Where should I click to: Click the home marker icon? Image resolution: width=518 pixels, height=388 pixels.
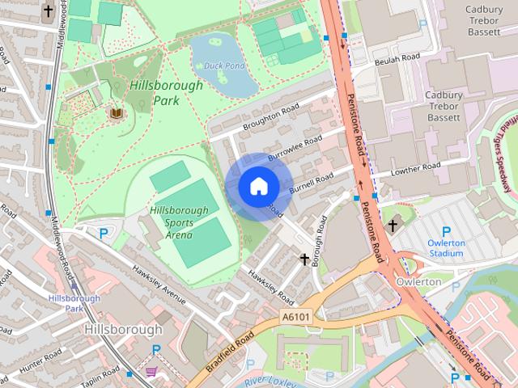258,187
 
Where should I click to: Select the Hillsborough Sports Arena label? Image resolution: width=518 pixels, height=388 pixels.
178,222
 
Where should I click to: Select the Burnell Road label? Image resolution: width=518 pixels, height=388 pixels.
311,182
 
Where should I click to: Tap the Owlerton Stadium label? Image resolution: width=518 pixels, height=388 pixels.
446,248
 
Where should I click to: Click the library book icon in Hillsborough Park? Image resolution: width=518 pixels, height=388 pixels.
117,113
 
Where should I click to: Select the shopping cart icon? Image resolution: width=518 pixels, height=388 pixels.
151,372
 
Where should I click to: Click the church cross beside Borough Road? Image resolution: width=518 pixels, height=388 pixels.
305,259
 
